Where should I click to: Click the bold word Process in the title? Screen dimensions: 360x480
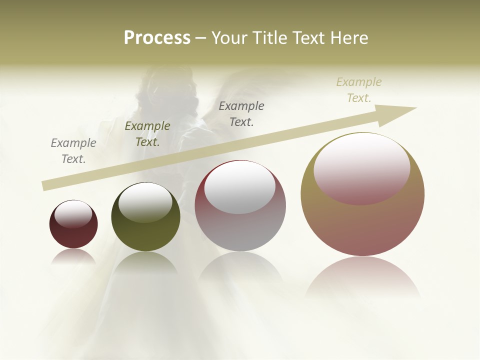(x=157, y=38)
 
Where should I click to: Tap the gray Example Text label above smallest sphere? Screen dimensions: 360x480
(x=73, y=151)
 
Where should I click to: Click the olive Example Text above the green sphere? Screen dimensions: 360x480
(x=147, y=134)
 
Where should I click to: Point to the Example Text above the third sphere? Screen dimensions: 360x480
(x=241, y=113)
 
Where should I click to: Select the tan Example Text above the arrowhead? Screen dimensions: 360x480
(x=359, y=90)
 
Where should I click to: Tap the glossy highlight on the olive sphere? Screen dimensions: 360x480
(x=145, y=202)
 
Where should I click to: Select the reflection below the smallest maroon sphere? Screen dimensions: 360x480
(x=73, y=256)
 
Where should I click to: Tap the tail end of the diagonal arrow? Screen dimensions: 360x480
(x=45, y=186)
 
